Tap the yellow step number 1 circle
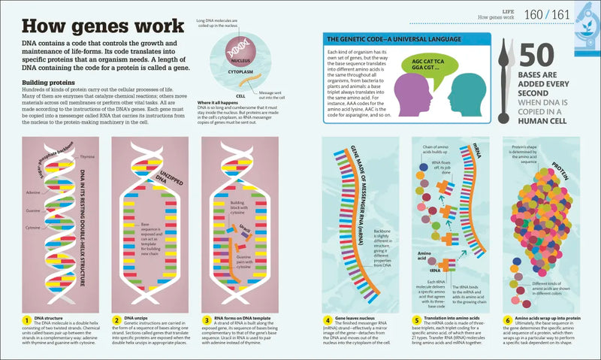26,320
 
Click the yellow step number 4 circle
328,320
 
